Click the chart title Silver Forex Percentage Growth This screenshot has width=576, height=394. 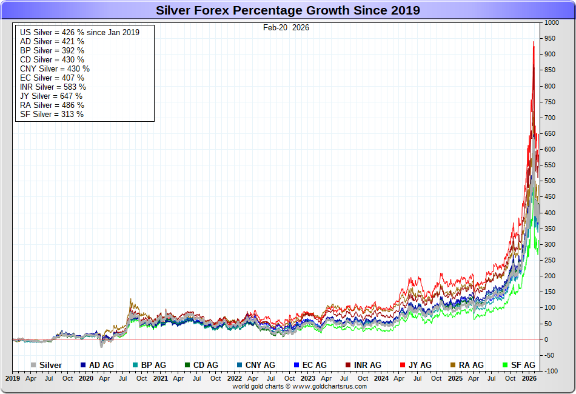click(x=287, y=10)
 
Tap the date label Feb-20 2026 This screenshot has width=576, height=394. click(x=286, y=27)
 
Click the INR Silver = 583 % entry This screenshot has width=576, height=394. click(x=53, y=87)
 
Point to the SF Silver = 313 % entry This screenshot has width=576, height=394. click(x=52, y=114)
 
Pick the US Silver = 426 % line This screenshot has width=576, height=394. click(x=79, y=32)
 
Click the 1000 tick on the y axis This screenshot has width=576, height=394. click(x=552, y=22)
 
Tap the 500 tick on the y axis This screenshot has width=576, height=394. click(x=550, y=181)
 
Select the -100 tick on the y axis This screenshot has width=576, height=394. click(x=551, y=371)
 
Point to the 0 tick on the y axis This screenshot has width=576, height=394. click(x=546, y=339)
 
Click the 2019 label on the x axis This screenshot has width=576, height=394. click(x=13, y=378)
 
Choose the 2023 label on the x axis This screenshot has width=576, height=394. click(x=308, y=378)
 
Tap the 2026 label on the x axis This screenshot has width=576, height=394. click(x=529, y=378)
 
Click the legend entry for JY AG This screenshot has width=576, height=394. click(x=419, y=365)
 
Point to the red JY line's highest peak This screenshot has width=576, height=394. click(x=533, y=42)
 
